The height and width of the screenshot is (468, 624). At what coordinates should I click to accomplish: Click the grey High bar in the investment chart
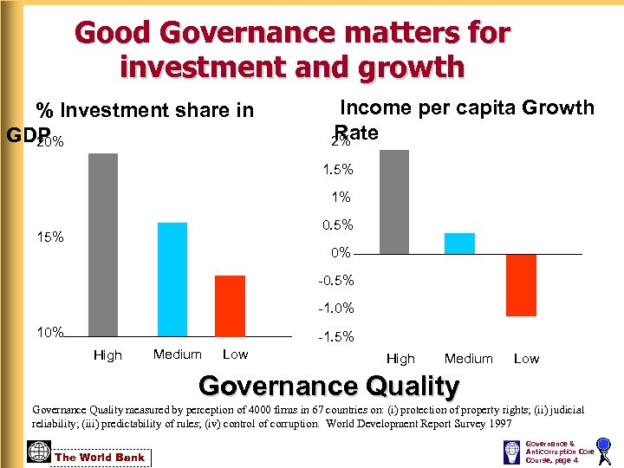pyautogui.click(x=103, y=244)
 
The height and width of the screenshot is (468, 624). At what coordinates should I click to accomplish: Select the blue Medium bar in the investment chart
pyautogui.click(x=172, y=279)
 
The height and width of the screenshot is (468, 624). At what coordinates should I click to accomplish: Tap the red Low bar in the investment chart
pyautogui.click(x=230, y=305)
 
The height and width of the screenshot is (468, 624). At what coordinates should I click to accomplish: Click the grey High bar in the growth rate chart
pyautogui.click(x=394, y=201)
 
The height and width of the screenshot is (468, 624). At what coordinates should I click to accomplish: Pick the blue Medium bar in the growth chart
pyautogui.click(x=459, y=244)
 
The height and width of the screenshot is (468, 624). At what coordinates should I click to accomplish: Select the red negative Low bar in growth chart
pyautogui.click(x=522, y=285)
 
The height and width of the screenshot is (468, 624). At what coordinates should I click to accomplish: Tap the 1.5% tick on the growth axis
pyautogui.click(x=337, y=170)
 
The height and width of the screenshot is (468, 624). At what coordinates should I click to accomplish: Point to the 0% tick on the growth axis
pyautogui.click(x=341, y=253)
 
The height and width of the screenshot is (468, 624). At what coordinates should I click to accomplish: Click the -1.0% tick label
pyautogui.click(x=335, y=309)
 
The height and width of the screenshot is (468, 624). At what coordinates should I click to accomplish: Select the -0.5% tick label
pyautogui.click(x=335, y=281)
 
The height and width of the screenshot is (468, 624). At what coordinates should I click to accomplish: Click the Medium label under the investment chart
pyautogui.click(x=177, y=354)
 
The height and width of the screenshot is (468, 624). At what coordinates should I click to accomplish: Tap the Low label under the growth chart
pyautogui.click(x=526, y=359)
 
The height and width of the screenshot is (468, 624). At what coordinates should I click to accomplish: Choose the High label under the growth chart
pyautogui.click(x=400, y=359)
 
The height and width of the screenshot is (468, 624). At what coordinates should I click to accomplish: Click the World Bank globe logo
pyautogui.click(x=39, y=452)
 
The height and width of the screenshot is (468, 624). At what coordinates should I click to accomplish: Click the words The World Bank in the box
pyautogui.click(x=101, y=458)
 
